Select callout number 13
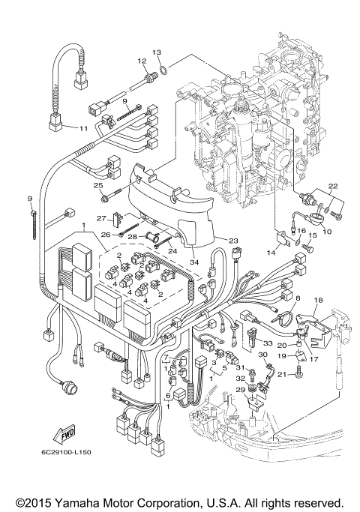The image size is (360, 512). tap(156, 52)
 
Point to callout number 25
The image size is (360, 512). tap(97, 185)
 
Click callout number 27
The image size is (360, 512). tap(101, 218)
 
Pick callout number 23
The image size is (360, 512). tap(233, 241)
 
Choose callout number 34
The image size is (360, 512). tap(193, 262)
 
